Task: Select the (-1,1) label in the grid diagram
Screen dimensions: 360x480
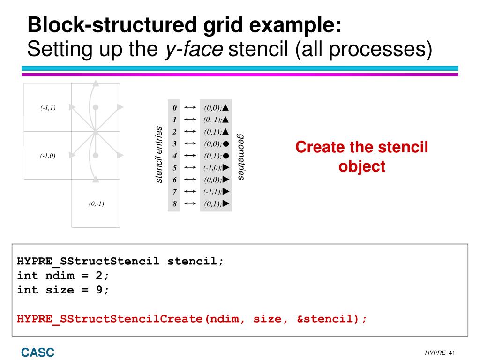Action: [48, 108]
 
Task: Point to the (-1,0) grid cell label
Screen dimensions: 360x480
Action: [48, 156]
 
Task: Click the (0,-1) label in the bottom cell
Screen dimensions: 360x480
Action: [96, 204]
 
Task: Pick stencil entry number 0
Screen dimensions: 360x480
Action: [174, 107]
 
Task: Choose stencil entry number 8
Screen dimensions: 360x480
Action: [174, 204]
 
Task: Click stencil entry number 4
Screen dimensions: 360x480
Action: [174, 156]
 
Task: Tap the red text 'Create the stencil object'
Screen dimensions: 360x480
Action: [362, 157]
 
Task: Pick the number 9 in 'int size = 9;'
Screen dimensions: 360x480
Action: [99, 290]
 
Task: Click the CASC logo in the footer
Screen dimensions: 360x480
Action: [37, 352]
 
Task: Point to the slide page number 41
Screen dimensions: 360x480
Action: [452, 352]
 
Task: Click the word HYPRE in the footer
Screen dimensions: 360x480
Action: [435, 352]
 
